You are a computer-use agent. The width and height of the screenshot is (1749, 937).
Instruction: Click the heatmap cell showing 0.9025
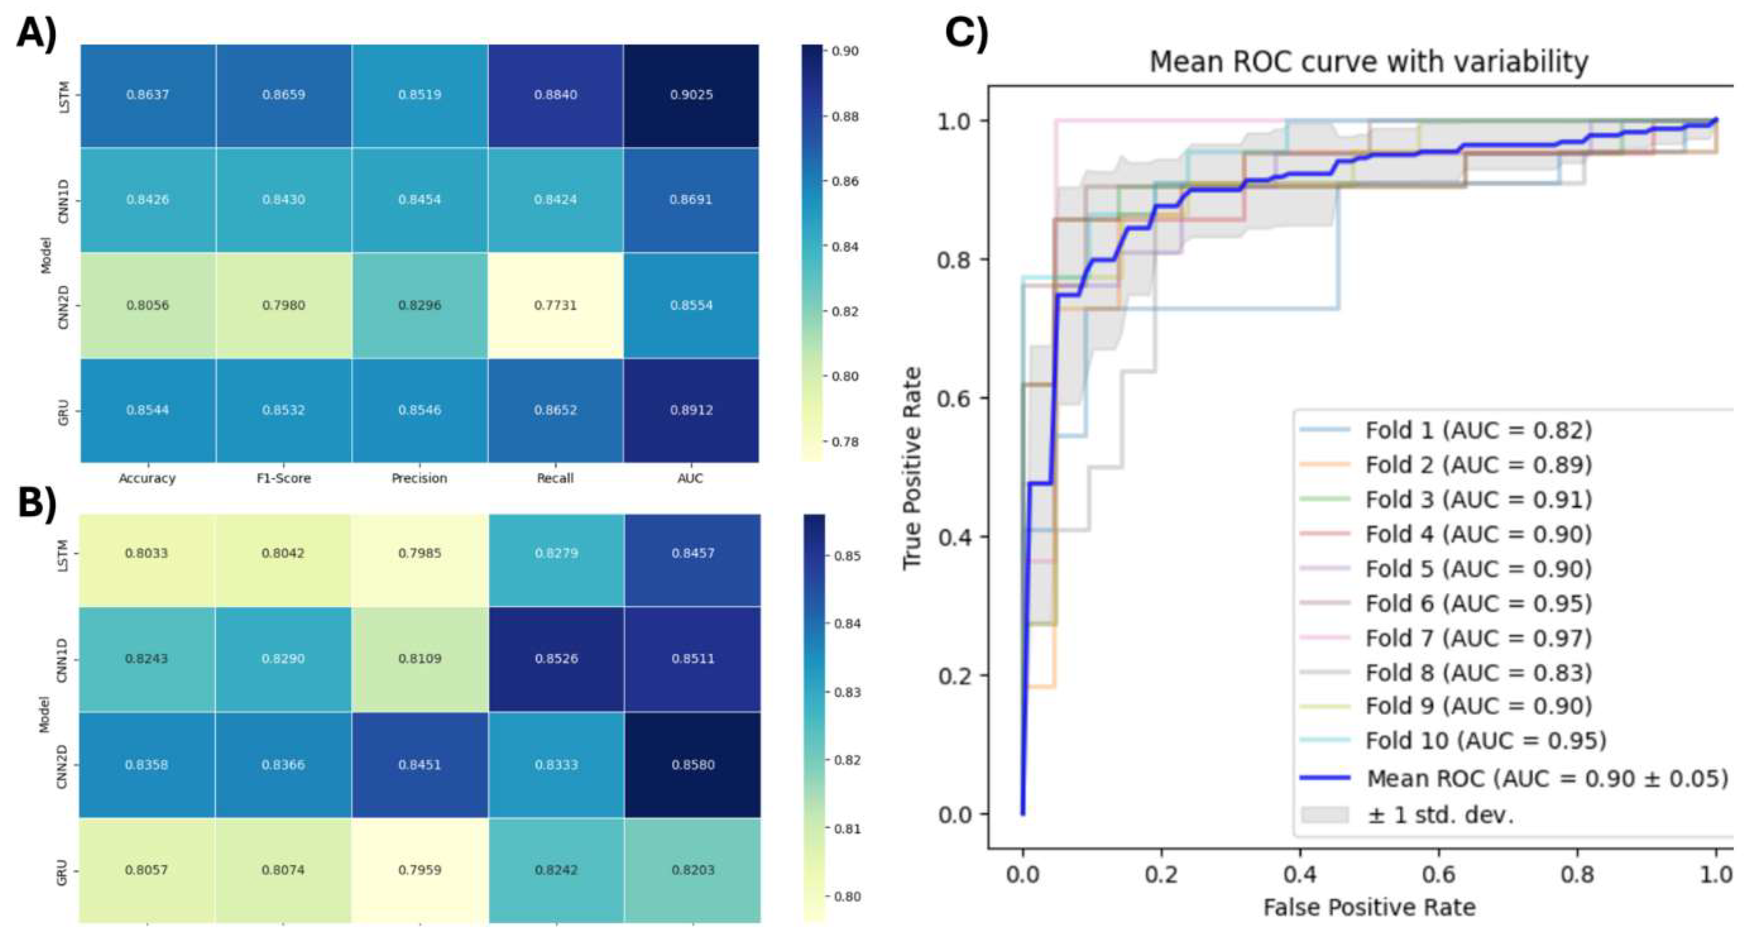coord(691,94)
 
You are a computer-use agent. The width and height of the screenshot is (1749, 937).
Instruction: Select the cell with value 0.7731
coord(555,305)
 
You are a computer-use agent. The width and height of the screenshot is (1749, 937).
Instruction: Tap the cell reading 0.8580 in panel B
coord(693,764)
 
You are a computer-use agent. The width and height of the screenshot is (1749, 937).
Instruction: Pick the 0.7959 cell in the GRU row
coord(419,870)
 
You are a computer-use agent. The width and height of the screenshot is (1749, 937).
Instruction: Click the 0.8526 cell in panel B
coord(556,659)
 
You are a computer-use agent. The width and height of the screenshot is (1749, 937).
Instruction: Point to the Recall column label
coord(555,478)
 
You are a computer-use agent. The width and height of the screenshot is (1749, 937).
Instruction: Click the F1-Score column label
coord(283,478)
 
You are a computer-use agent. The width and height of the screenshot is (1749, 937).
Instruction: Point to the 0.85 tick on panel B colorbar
coord(847,556)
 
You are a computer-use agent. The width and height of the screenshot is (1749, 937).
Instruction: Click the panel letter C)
coord(967,31)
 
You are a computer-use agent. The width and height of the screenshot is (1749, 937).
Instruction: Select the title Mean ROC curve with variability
coord(1368,62)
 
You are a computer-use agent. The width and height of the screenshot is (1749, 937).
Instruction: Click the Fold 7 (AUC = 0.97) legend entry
coord(1478,638)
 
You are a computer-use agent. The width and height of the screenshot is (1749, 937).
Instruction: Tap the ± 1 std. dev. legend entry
coord(1440,814)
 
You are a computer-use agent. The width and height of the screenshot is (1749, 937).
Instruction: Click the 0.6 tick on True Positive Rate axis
coord(954,398)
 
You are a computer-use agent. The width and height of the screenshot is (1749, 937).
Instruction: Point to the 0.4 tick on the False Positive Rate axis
coord(1299,874)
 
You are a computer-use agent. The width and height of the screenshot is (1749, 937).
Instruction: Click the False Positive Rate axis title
coord(1368,907)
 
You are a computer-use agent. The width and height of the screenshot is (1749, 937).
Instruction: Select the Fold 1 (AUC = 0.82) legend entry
coord(1478,430)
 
